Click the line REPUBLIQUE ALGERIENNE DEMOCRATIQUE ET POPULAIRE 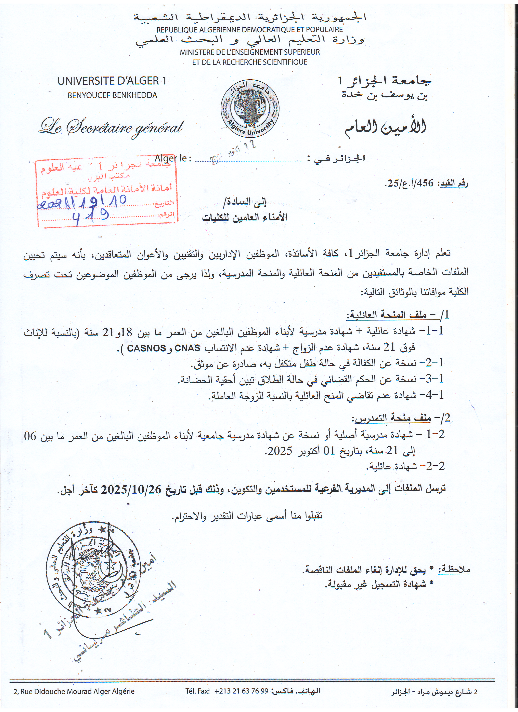(250, 30)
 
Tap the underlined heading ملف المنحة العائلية (386, 315)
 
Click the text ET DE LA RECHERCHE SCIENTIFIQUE (250, 62)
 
